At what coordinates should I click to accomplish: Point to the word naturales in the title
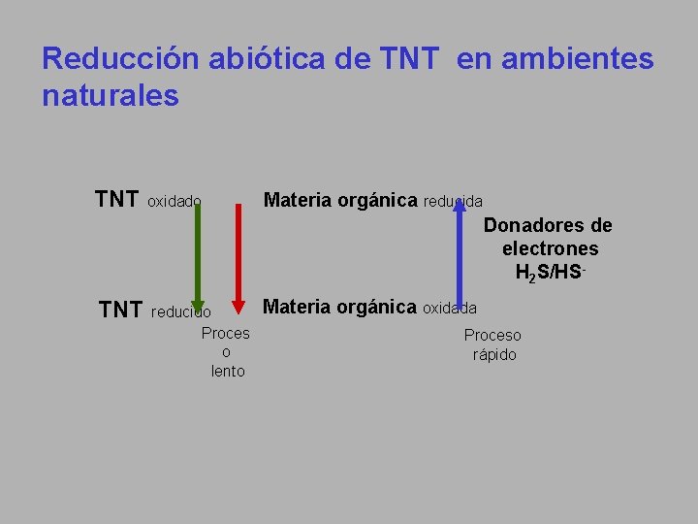111,96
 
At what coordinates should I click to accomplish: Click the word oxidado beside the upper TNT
174,202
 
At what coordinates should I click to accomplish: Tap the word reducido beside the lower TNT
181,312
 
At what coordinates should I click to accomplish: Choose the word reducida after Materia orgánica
453,202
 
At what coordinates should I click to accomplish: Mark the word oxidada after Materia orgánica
450,309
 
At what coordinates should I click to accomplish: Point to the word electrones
550,249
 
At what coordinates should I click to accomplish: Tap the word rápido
494,355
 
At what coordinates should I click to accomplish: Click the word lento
228,372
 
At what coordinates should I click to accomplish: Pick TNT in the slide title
411,59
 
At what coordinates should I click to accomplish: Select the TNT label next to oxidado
116,200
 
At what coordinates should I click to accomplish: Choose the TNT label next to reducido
121,311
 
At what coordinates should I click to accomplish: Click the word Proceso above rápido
492,336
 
